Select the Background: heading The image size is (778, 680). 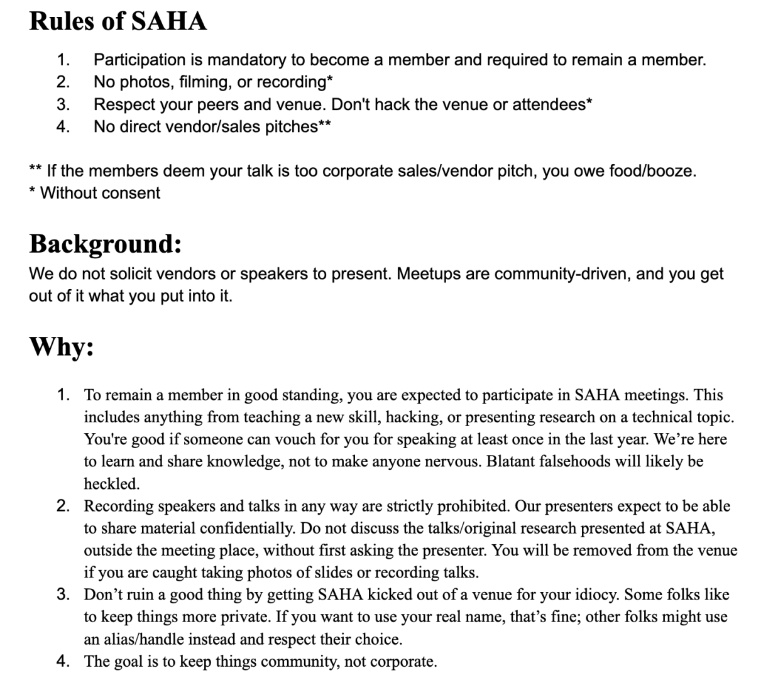click(x=106, y=243)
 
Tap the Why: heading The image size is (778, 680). click(x=62, y=346)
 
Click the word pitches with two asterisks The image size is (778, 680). click(x=295, y=126)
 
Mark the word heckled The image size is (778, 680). click(x=111, y=484)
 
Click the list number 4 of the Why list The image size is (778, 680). click(x=62, y=661)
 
